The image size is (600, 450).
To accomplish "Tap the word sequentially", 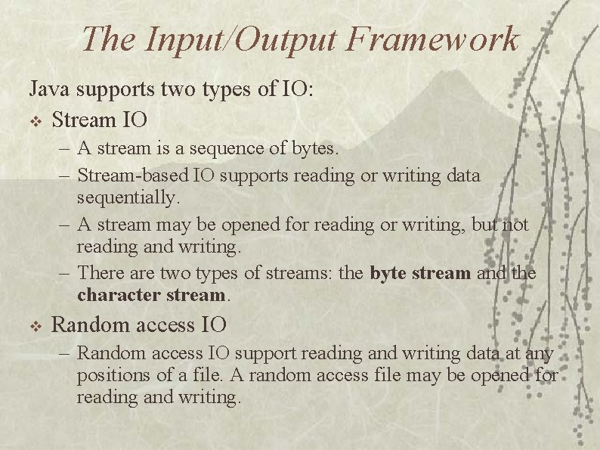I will tap(128, 197).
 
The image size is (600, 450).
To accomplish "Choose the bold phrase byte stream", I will tap(421, 272).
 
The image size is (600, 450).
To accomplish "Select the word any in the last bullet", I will tap(540, 352).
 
